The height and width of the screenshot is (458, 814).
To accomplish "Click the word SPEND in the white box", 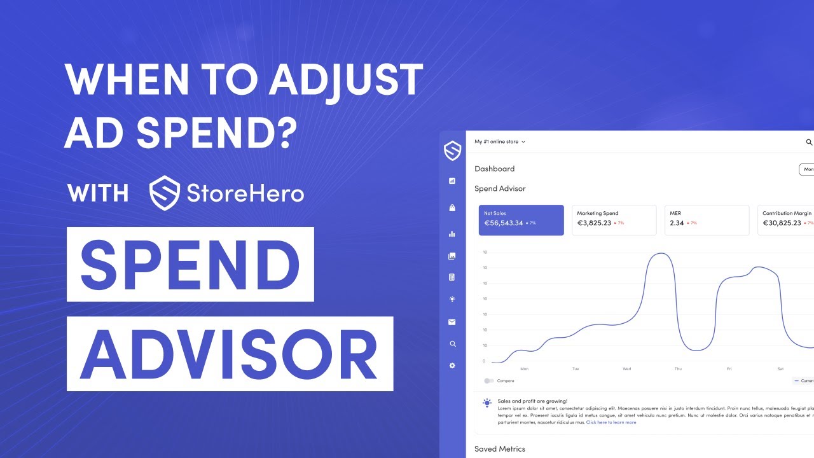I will [x=190, y=264].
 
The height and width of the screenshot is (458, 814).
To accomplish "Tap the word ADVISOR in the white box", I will [x=230, y=354].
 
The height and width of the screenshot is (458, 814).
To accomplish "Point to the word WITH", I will [x=98, y=193].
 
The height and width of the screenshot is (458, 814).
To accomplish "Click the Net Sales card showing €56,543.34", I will [x=521, y=220].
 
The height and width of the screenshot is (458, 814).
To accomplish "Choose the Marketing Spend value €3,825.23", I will [x=594, y=223].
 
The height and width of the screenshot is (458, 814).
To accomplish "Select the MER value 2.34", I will [x=677, y=223].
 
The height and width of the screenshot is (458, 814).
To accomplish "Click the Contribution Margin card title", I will [x=787, y=214].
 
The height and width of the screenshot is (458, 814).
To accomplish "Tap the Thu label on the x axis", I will [x=678, y=369].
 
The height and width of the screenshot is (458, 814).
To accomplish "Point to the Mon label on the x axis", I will [x=524, y=369].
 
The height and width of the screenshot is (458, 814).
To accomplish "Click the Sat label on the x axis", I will [x=780, y=369].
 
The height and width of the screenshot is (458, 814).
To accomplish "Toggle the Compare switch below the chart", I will [x=488, y=381].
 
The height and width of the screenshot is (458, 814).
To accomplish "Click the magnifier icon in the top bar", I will [x=809, y=142].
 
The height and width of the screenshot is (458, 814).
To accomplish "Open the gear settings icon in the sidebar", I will [x=452, y=366].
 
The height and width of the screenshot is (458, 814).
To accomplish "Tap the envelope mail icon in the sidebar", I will [x=452, y=323].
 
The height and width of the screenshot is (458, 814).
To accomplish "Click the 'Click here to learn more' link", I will [x=610, y=422].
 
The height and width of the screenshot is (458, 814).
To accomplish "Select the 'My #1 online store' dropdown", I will [x=500, y=142].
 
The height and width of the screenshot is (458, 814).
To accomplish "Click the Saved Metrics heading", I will [x=500, y=449].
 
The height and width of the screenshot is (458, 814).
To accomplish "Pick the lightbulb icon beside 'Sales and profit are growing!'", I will [x=487, y=403].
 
